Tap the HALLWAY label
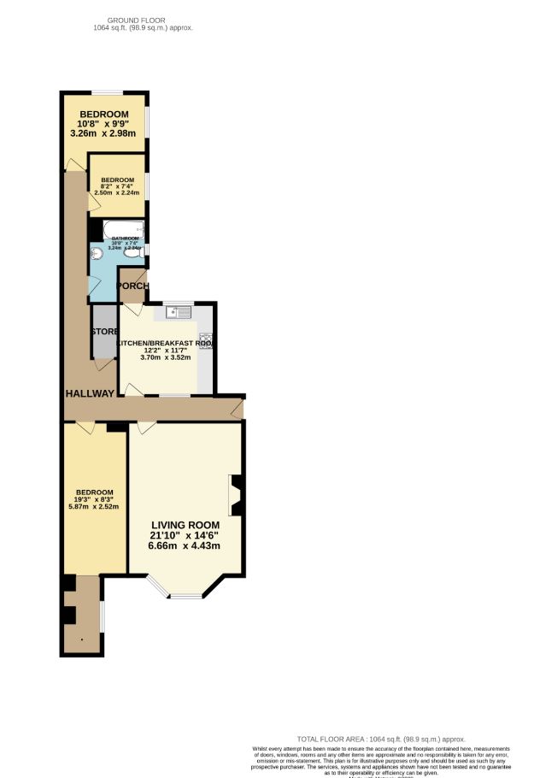[90, 393]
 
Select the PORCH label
[133, 286]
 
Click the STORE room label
[106, 331]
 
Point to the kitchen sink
[178, 312]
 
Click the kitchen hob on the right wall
[206, 341]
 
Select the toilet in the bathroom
[134, 253]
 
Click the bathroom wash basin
[97, 253]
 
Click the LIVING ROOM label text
[185, 525]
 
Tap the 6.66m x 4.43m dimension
[185, 545]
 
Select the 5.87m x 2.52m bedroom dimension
[95, 506]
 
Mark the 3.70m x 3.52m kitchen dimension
[166, 357]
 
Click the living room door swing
[146, 427]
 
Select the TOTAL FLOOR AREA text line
[380, 739]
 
